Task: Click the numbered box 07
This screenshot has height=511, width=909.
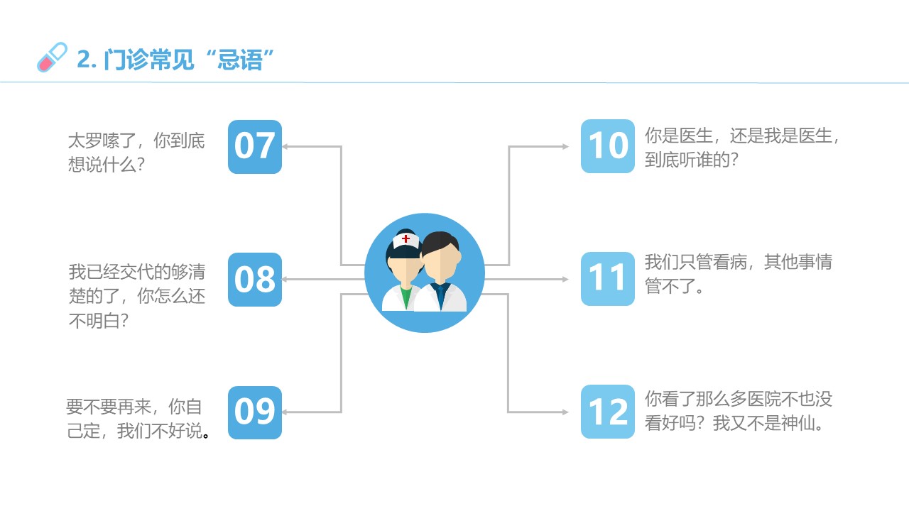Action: pyautogui.click(x=255, y=147)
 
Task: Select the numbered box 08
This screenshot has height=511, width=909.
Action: pyautogui.click(x=255, y=280)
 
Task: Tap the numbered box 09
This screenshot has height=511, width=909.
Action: pyautogui.click(x=255, y=412)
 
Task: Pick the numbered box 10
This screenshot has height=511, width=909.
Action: pyautogui.click(x=607, y=146)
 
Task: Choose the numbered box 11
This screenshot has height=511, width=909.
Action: pyautogui.click(x=607, y=279)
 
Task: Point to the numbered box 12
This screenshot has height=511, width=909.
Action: pyautogui.click(x=607, y=411)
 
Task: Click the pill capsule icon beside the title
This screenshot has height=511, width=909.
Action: pyautogui.click(x=52, y=57)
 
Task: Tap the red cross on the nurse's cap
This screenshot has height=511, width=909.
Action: pyautogui.click(x=405, y=239)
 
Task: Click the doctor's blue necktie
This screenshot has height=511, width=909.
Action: pyautogui.click(x=440, y=296)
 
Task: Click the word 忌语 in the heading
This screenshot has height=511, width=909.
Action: pyautogui.click(x=240, y=60)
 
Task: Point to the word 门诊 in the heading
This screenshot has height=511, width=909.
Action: pyautogui.click(x=126, y=60)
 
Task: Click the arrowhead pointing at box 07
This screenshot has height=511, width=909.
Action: pyautogui.click(x=285, y=146)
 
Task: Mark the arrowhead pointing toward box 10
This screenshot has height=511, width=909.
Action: pyautogui.click(x=565, y=146)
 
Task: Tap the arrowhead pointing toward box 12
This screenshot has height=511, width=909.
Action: pyautogui.click(x=565, y=412)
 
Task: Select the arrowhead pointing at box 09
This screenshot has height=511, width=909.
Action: pyautogui.click(x=285, y=412)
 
